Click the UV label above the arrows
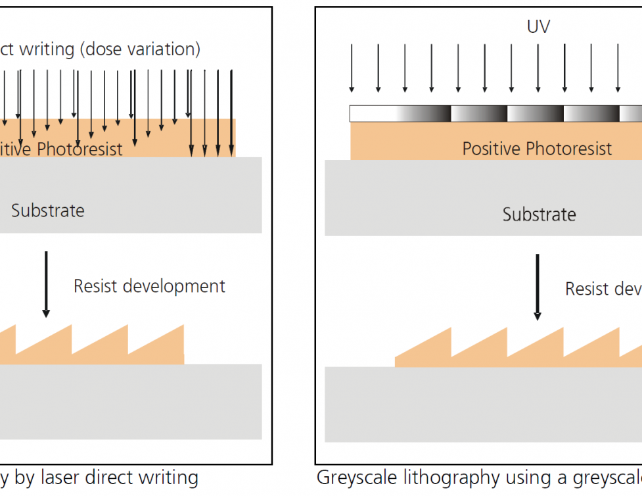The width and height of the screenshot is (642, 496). coord(538,27)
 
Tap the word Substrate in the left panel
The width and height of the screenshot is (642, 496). coord(48,211)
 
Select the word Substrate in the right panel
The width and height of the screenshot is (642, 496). coord(539,215)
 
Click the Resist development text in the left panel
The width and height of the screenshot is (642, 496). coord(149,286)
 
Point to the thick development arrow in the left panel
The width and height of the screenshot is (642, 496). coord(45,283)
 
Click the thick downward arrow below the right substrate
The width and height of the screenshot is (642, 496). coord(537,287)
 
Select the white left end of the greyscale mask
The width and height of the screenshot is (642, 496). coord(371,114)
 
